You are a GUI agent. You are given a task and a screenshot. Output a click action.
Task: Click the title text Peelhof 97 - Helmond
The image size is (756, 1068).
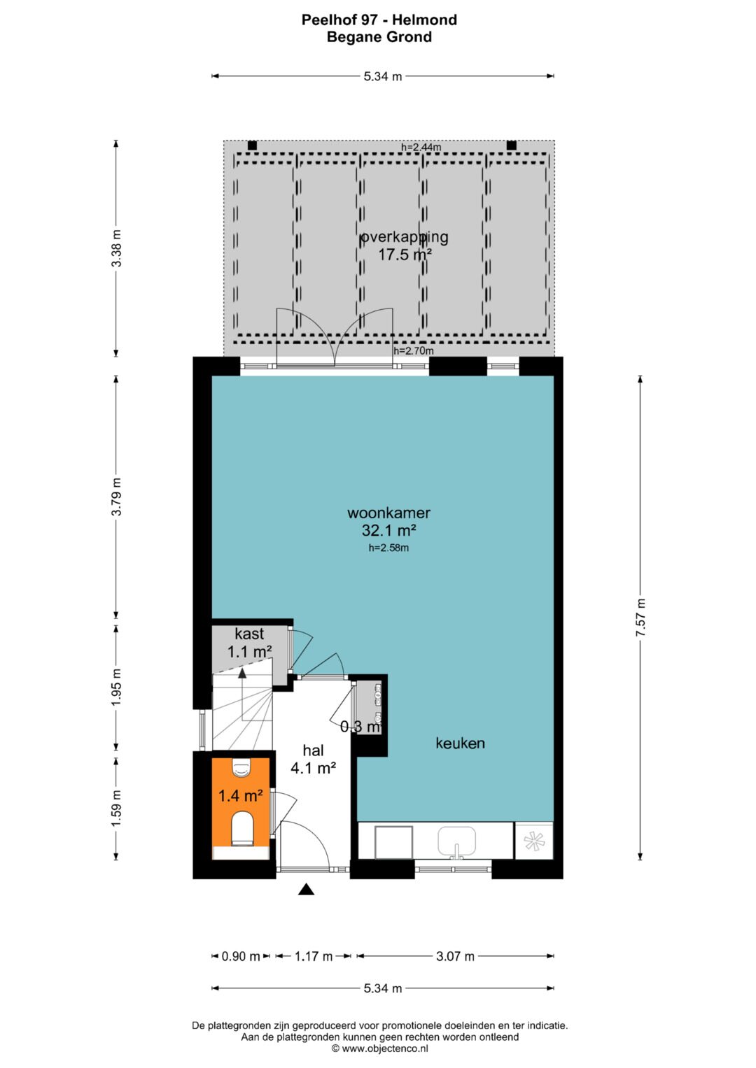(379, 20)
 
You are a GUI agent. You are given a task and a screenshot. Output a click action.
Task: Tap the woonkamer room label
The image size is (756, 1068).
(388, 513)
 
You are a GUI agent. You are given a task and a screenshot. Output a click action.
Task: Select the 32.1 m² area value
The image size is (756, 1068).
(388, 530)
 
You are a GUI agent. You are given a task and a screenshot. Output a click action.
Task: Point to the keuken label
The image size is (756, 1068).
(460, 743)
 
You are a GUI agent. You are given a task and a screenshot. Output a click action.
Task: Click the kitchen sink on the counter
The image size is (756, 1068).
(456, 842)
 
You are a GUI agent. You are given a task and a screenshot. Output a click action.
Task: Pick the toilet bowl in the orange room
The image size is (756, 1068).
(242, 829)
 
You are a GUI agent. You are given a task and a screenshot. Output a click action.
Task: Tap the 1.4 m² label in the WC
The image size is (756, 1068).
(241, 795)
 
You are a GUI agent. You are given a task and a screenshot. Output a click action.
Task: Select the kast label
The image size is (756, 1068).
(249, 634)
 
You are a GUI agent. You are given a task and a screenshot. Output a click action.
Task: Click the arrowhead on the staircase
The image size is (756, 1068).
(242, 674)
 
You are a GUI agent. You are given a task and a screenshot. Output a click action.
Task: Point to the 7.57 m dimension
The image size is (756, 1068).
(640, 618)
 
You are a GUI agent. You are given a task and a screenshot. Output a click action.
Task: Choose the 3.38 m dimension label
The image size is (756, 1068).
(116, 248)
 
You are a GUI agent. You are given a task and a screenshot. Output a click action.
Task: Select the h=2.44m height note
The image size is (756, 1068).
(421, 147)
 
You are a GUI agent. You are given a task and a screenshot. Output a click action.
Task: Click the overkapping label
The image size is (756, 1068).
(405, 237)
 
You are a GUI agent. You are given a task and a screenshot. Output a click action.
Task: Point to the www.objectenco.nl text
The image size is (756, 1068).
(380, 1048)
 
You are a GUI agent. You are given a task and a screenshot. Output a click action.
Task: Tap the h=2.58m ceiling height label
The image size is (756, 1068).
(388, 548)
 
